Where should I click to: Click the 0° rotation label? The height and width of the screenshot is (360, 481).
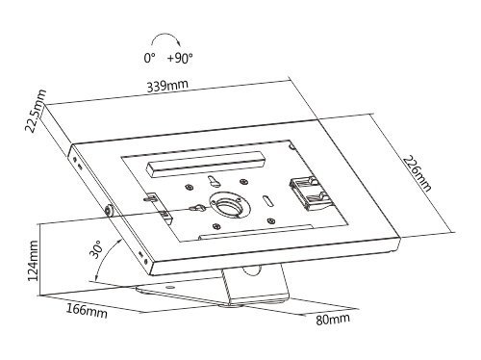(x=150, y=60)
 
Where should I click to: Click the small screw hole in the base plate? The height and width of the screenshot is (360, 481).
(x=170, y=288)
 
